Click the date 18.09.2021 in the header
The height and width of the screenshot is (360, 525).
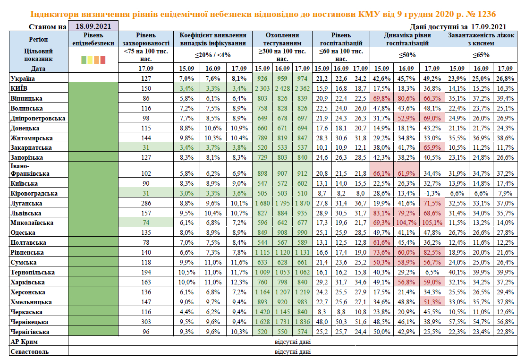point(93,26)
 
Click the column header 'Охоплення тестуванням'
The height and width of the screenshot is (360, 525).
point(282,39)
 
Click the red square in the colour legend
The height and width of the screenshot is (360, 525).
point(102,59)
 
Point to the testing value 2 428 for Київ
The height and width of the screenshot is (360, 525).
point(282,88)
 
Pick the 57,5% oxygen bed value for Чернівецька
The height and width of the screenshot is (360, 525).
point(457,322)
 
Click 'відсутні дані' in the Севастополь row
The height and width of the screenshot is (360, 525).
point(293,351)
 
